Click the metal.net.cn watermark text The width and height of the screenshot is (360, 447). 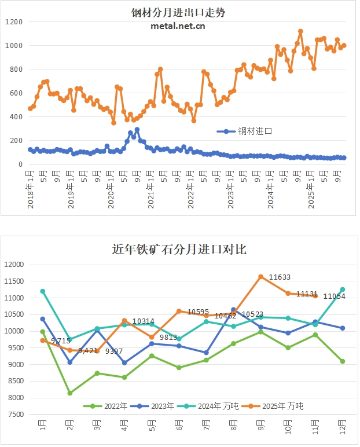coord(178,25)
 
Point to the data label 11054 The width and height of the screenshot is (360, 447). coord(334,296)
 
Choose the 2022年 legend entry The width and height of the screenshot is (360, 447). coord(102,406)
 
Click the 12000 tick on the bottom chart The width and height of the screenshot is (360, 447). coord(15,265)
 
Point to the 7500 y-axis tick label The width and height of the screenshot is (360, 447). coord(17,415)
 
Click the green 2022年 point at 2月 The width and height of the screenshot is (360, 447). coord(70,393)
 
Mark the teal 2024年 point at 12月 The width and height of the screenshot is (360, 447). coord(343,290)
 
